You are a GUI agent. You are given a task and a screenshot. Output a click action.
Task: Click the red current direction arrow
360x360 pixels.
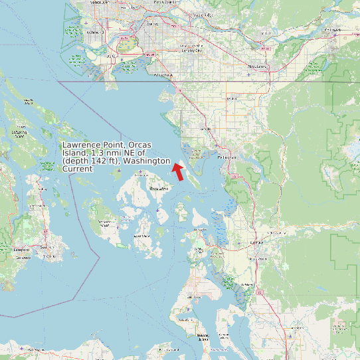coord(178,171)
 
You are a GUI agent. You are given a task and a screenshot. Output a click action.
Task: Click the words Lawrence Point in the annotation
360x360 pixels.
coord(94,145)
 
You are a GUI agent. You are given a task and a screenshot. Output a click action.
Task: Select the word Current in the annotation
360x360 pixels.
coord(77,169)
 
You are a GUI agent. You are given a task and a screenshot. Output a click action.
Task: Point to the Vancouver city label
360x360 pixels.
coord(98,3)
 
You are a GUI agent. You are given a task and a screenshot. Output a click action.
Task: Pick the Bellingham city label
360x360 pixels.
coord(226,157)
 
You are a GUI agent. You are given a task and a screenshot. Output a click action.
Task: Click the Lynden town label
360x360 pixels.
coord(230,98)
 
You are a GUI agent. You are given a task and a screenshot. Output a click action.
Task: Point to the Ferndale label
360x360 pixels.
coord(206,129)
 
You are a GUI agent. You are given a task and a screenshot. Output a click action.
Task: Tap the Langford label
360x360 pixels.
coord(22,250)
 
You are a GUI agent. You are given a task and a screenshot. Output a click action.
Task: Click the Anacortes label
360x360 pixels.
coord(200,229)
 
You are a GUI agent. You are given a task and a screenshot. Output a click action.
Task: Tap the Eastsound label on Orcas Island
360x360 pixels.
coord(158,189)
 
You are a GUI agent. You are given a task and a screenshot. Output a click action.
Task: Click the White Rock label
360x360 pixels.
coord(163,76)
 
